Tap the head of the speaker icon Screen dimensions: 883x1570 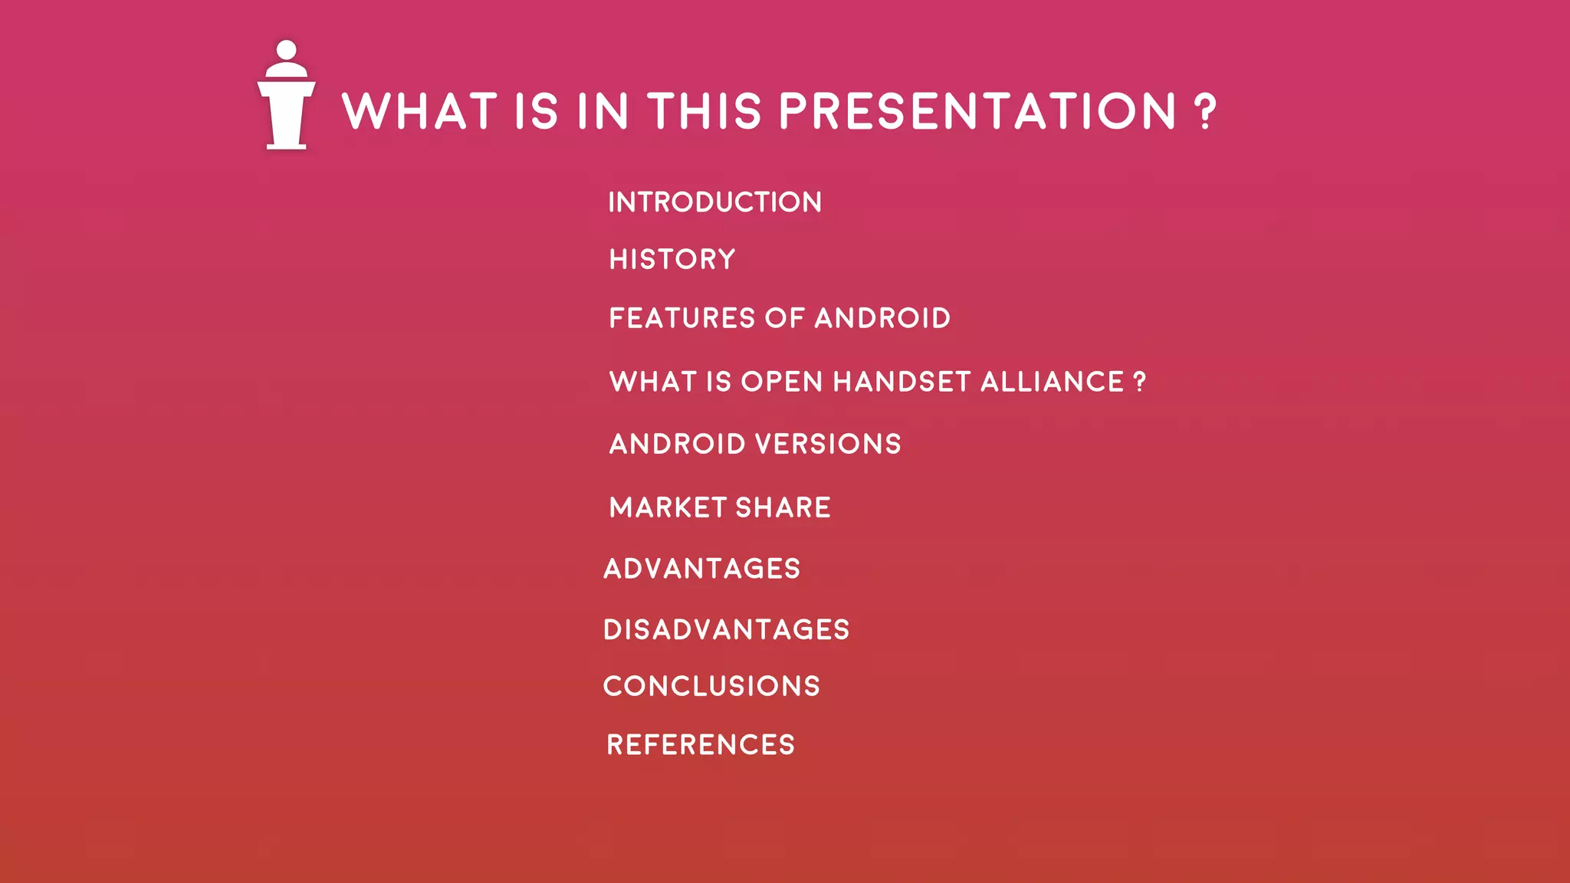[x=286, y=50]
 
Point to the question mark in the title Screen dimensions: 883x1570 [x=1205, y=112]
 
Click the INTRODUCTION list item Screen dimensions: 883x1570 [x=714, y=202]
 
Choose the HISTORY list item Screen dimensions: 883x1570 [x=672, y=259]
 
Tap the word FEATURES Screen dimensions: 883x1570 [x=682, y=318]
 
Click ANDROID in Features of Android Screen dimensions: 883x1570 [x=882, y=318]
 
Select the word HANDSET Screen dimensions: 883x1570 [x=902, y=382]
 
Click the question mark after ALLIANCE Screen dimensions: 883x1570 [x=1139, y=381]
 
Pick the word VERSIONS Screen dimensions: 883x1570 [x=828, y=444]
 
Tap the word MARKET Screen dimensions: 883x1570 [x=667, y=507]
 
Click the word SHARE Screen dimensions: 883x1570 [x=783, y=507]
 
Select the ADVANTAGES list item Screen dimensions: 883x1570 [x=701, y=569]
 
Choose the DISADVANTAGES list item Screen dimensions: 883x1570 [x=726, y=630]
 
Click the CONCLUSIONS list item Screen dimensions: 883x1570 [x=711, y=686]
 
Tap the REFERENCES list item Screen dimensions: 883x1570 [x=701, y=745]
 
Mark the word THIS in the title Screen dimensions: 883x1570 [x=705, y=111]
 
